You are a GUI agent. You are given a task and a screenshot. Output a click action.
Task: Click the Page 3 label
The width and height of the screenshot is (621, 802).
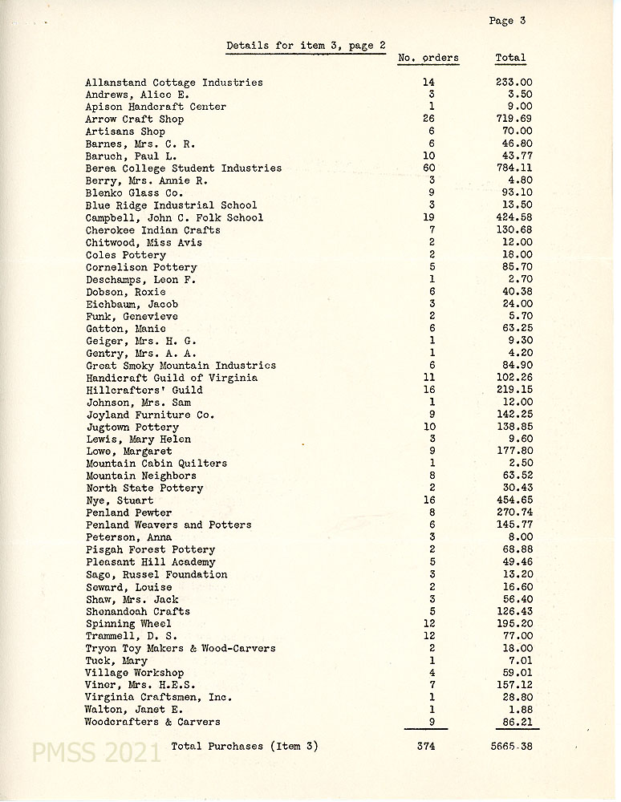[x=506, y=21]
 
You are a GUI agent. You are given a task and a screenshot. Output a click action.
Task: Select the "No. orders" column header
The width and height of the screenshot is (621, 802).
[x=428, y=58]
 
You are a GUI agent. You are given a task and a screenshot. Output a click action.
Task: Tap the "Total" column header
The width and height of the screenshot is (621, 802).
[x=510, y=58]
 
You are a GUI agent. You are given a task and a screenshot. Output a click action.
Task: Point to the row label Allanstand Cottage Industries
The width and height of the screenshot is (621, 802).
[x=174, y=83]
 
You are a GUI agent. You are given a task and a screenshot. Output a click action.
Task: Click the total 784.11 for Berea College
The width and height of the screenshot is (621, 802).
[x=513, y=168]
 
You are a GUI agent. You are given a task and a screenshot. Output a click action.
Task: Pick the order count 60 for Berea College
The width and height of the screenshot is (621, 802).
[x=429, y=168]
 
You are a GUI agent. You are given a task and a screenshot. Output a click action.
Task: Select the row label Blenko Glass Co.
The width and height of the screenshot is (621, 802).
[x=134, y=193]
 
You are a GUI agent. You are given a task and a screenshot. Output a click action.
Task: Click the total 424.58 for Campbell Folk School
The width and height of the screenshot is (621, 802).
[x=513, y=218]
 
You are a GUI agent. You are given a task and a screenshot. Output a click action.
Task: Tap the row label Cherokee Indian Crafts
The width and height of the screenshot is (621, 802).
[x=152, y=230]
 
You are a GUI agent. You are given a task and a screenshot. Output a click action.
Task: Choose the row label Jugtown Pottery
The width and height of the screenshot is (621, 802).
[x=132, y=427]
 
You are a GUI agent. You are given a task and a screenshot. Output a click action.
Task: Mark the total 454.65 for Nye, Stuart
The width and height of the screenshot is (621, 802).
[x=513, y=500]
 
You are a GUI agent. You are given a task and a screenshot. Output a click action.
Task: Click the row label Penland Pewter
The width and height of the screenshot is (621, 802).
[x=128, y=512]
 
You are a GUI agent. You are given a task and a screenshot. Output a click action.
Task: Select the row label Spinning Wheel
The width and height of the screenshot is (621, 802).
[x=128, y=624]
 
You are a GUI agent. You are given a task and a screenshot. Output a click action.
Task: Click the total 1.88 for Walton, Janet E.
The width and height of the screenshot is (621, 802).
[x=520, y=710]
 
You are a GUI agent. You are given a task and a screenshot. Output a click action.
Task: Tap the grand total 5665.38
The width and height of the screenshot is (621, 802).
[x=510, y=747]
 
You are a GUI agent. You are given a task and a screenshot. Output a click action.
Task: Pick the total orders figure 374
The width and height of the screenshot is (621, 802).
[x=425, y=747]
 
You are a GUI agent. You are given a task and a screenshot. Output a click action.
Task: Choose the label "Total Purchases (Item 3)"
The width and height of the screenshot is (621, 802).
[x=245, y=747]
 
